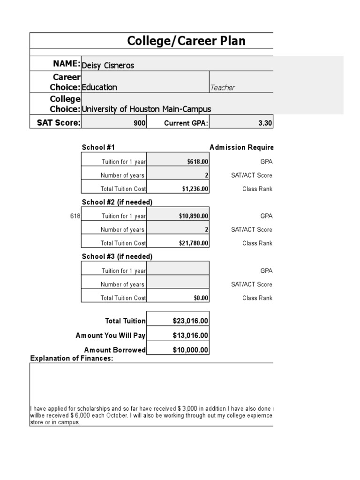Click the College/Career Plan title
[186, 41]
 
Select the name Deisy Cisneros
[108, 65]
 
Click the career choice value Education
[99, 87]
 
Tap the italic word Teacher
[223, 88]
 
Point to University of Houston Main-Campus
[146, 109]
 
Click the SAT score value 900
[139, 123]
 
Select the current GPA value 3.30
[265, 123]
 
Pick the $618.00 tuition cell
[197, 162]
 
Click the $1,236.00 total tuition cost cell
[195, 189]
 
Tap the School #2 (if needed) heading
[117, 202]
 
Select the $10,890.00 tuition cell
[193, 216]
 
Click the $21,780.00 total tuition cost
[193, 243]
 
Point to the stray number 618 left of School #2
[75, 216]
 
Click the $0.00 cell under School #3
[202, 298]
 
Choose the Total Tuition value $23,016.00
[190, 321]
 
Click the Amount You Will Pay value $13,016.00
[190, 336]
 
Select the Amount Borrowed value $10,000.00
[190, 350]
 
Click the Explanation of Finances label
[72, 359]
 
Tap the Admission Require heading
[241, 148]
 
